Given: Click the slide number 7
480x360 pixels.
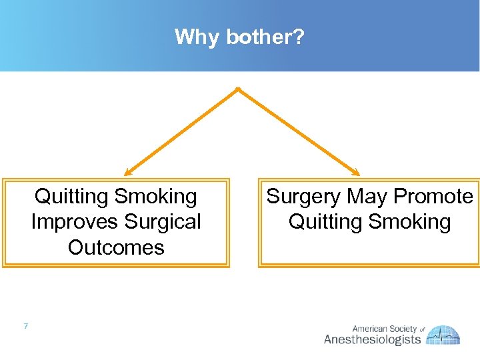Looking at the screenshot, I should (x=25, y=326).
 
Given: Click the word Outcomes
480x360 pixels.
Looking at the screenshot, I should (x=116, y=247).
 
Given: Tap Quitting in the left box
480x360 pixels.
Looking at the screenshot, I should (x=71, y=197).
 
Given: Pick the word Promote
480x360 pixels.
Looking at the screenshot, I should (x=433, y=197).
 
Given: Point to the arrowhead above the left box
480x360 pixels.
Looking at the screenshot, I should (x=127, y=173).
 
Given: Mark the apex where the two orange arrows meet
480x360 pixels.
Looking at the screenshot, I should (x=238, y=89).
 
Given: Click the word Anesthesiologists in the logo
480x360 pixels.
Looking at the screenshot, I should (x=372, y=339).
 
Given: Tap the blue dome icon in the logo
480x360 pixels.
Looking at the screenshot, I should (x=444, y=334).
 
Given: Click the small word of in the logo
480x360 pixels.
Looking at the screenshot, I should (x=422, y=329).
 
